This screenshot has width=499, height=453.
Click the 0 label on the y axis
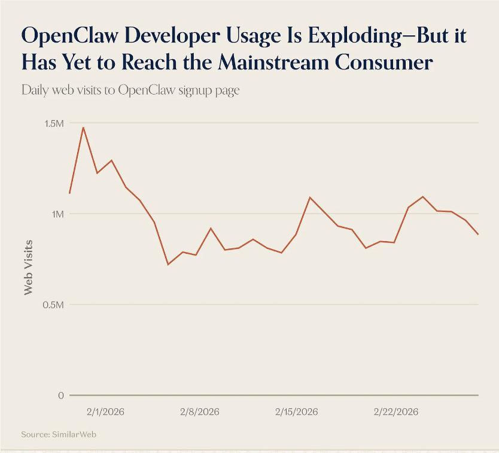(61, 396)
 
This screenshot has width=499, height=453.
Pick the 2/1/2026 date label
(105, 412)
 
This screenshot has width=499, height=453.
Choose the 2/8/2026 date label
(199, 412)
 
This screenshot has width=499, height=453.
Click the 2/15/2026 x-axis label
(296, 412)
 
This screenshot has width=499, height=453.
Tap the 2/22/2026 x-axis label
(395, 412)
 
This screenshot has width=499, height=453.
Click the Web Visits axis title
(28, 267)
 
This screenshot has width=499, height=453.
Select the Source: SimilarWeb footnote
(58, 434)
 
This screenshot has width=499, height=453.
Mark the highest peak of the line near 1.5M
(83, 127)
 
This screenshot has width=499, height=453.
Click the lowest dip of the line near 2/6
(168, 264)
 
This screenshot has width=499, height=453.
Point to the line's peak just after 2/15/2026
(309, 197)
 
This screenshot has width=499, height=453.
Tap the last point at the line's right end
(478, 234)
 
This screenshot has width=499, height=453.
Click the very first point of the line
(69, 193)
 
